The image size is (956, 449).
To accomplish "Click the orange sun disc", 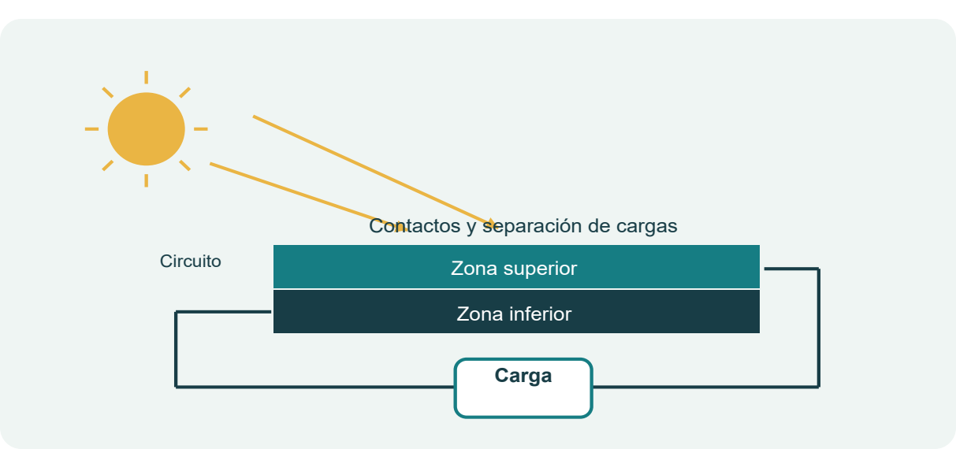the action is tap(146, 128).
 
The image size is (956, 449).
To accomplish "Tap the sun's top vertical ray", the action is tap(147, 77).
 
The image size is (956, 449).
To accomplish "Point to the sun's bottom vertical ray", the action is tap(147, 180).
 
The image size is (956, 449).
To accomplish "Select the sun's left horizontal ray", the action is tap(91, 128).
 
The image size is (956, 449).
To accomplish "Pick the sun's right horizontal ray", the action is tap(201, 128).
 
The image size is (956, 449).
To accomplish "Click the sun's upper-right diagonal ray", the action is tap(184, 92).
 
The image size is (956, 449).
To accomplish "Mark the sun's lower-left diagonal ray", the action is tap(107, 165).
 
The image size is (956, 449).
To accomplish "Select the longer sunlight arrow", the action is tap(376, 172).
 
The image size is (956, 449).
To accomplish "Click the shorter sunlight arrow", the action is tap(308, 197).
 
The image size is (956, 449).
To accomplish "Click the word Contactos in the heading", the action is tap(415, 226).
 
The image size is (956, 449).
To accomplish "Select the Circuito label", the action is tap(191, 261).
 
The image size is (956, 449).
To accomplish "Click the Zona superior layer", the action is tap(516, 266).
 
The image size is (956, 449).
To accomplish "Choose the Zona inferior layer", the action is tap(516, 312).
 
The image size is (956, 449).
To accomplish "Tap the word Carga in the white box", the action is tap(523, 376).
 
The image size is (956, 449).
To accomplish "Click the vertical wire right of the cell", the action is tap(819, 328).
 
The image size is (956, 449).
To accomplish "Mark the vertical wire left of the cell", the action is tap(176, 350).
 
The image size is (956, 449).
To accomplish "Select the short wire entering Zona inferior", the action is tap(223, 312).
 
